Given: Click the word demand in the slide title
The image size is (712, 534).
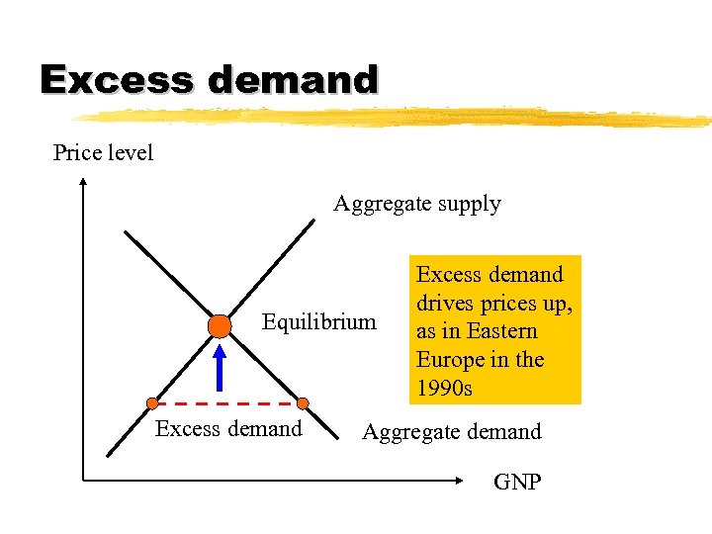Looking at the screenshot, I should [286, 79].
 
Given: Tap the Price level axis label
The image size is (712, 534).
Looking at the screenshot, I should [103, 153].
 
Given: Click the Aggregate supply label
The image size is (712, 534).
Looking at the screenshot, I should [417, 204].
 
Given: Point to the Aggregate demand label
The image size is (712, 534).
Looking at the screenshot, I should [452, 431].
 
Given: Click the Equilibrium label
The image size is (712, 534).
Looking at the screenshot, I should [318, 321].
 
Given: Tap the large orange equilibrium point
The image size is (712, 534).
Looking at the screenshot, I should [220, 325].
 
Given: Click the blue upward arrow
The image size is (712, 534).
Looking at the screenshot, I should [222, 366].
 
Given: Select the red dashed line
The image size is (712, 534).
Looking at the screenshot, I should [227, 403].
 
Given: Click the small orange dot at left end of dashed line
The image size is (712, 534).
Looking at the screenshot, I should [152, 402].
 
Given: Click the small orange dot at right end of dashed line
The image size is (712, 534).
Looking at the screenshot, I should [303, 402].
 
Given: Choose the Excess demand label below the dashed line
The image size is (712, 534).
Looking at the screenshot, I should [228, 428].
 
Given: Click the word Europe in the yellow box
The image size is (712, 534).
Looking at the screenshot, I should [449, 359].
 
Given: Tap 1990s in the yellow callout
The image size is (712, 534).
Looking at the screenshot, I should [445, 388].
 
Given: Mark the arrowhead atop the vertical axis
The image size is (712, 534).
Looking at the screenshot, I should [83, 184].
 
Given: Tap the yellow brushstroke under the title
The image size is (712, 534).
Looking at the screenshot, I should [396, 117].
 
